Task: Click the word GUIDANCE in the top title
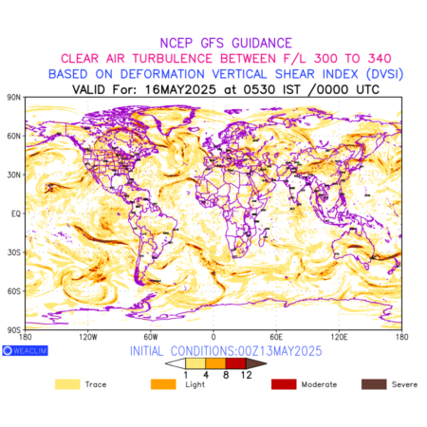tap(262, 43)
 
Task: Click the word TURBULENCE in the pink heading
tap(173, 59)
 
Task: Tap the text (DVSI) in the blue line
tap(384, 74)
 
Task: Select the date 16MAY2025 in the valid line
tap(180, 89)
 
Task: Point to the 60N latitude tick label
tap(13, 136)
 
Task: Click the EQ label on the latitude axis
tap(16, 213)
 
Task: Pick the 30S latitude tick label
tap(13, 252)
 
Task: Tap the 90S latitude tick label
tap(13, 330)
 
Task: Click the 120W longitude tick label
tap(88, 337)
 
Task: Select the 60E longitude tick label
tap(276, 337)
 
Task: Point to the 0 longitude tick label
tap(213, 337)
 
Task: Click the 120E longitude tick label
tap(339, 337)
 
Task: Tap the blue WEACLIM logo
tap(25, 350)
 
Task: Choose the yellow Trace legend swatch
tap(67, 384)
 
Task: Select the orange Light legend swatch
tap(163, 384)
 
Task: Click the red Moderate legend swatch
tap(284, 384)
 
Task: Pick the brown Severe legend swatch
tap(374, 384)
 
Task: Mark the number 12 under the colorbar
tap(246, 375)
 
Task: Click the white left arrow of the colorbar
tap(176, 363)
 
